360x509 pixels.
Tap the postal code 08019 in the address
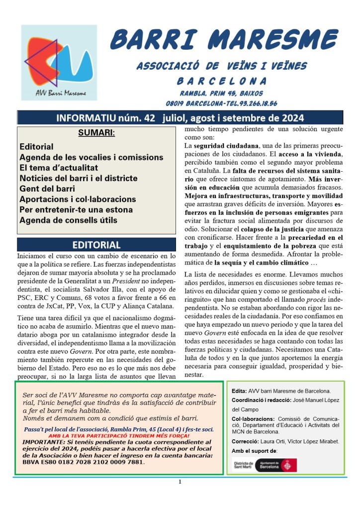177,103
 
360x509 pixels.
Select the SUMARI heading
96,133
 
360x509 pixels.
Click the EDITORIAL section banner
96,245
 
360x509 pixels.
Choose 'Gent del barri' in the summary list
47,189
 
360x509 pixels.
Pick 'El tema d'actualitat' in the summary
59,168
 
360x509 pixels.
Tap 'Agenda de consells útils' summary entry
69,220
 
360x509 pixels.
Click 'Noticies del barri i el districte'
79,178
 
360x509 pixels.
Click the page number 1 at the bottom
180,482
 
